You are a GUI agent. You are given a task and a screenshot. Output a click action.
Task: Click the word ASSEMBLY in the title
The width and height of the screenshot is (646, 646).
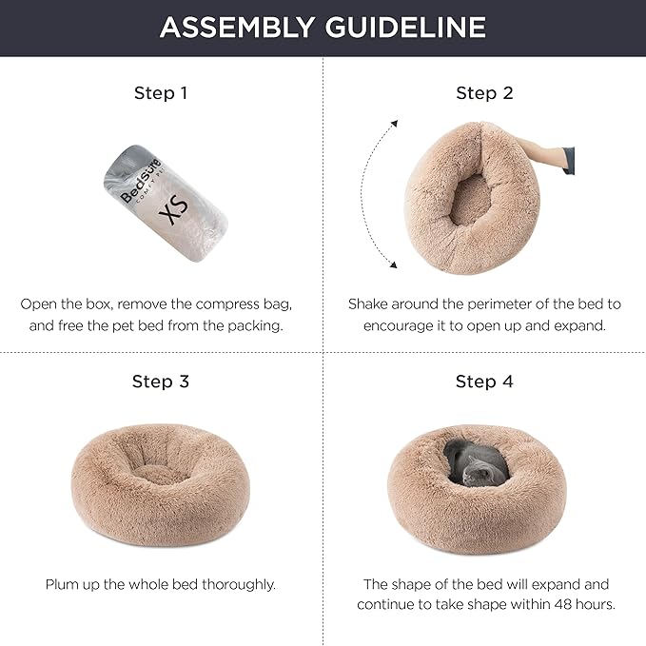pyautogui.click(x=238, y=27)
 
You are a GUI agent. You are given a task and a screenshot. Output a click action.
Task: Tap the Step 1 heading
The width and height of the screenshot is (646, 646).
pyautogui.click(x=161, y=93)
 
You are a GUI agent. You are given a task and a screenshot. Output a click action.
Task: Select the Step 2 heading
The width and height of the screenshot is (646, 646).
pyautogui.click(x=484, y=93)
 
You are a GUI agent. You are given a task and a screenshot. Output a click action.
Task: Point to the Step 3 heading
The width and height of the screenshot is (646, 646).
pyautogui.click(x=161, y=382)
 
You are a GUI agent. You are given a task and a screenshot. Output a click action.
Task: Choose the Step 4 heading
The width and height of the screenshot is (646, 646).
pyautogui.click(x=484, y=382)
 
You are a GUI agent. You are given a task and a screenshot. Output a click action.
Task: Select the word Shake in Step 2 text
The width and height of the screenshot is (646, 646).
pyautogui.click(x=369, y=304)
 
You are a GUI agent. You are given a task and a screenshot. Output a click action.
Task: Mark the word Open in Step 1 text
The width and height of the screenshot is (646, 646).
pyautogui.click(x=39, y=304)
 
